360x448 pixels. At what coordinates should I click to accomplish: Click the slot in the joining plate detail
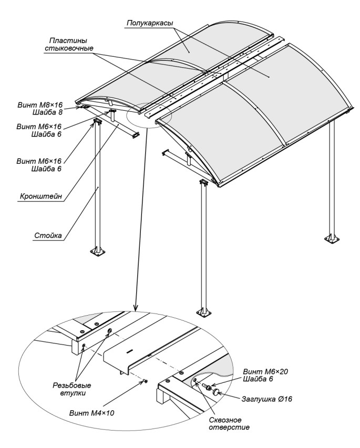(x=128, y=348)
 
